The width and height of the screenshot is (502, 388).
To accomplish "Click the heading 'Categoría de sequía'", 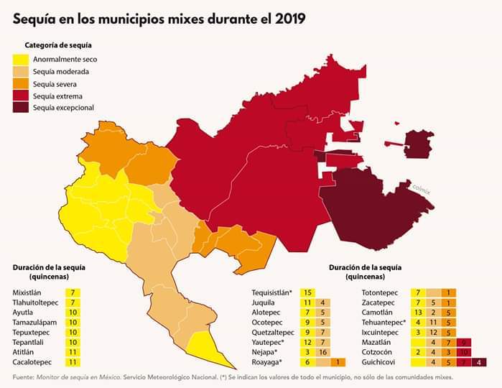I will [58, 45].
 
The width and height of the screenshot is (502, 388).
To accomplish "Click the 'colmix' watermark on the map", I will [420, 188].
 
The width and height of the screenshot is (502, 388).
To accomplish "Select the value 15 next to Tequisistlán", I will [308, 293].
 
